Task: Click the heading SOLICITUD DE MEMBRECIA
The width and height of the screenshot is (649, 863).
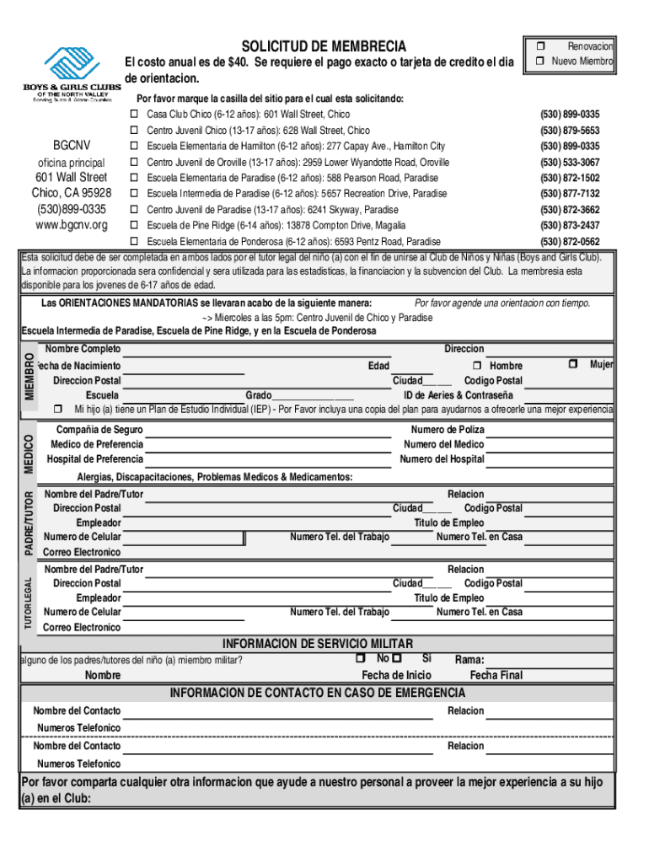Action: coord(324,46)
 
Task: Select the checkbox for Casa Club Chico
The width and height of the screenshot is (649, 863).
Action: coord(133,114)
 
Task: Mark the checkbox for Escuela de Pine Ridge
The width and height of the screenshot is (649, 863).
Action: coord(133,225)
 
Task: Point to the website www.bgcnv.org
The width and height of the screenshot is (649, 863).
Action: coord(71,225)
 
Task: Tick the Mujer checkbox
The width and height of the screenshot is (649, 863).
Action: coord(573,364)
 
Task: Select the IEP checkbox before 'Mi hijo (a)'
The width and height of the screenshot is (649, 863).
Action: coord(58,409)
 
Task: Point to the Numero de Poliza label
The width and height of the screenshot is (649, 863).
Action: coord(447,430)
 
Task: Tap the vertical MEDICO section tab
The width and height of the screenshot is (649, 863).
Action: coord(29,453)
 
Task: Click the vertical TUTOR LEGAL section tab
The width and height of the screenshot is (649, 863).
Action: coord(29,603)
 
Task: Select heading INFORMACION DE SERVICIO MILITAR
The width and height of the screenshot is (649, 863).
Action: coord(324,645)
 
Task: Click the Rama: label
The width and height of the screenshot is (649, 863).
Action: coord(469,660)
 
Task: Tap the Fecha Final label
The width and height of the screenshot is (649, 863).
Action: coord(496,675)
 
